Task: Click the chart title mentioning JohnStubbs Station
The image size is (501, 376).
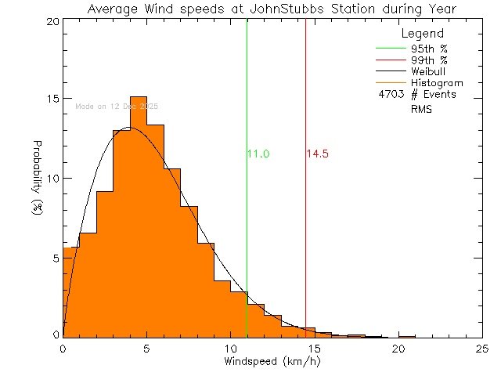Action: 272,9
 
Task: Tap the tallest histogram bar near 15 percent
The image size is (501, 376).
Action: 138,211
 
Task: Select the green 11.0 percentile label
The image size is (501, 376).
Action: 258,154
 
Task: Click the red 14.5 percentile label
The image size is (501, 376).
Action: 317,154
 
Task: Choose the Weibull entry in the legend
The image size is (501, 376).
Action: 428,71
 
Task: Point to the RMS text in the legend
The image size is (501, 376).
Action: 422,110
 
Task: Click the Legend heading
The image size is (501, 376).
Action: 423,34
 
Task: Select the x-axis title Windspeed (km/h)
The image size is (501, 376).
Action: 272,362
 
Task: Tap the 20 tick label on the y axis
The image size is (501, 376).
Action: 52,21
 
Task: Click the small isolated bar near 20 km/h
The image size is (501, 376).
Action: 406,337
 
